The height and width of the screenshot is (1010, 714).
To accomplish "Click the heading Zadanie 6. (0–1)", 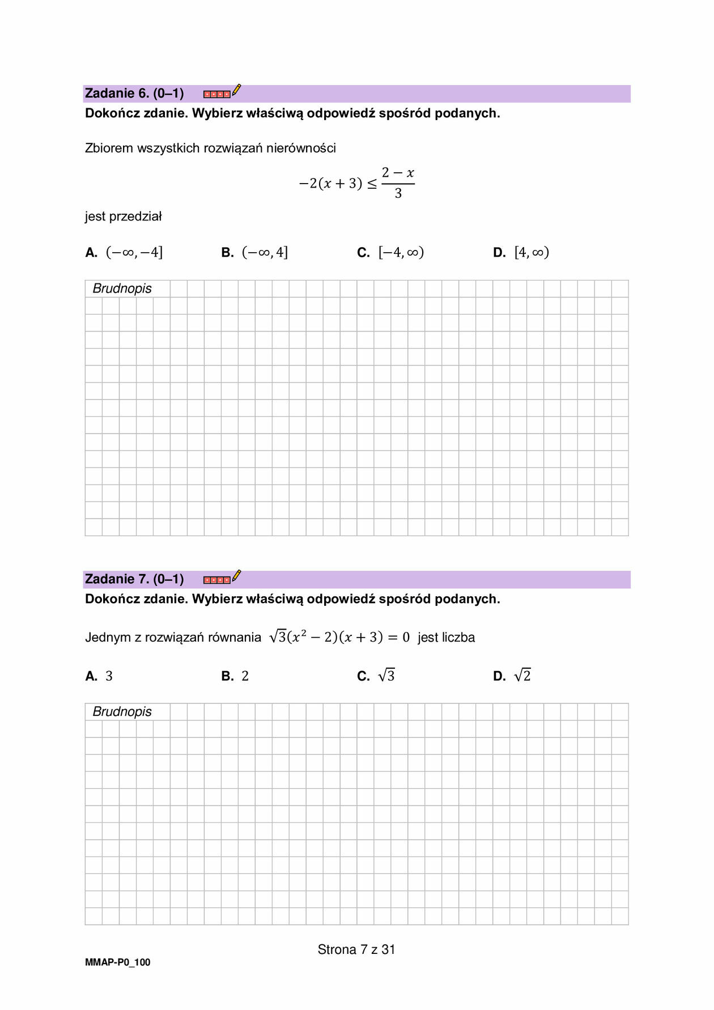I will [134, 94].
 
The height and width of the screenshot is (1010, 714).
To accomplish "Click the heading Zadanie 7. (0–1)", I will [134, 579].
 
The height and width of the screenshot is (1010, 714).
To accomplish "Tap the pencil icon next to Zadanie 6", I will [236, 91].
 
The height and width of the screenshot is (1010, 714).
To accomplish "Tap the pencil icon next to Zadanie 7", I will [236, 576].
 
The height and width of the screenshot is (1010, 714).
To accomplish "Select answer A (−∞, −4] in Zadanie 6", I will [124, 253].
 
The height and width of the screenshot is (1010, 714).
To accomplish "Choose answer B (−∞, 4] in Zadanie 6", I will [255, 253].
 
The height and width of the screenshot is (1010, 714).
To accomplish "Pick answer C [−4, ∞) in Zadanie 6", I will [391, 253].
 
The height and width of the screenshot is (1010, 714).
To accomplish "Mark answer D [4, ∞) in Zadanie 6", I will [521, 253].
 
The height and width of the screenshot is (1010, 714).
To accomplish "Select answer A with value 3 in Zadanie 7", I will [99, 676].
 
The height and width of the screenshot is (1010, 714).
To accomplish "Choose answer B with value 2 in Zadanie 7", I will [235, 676].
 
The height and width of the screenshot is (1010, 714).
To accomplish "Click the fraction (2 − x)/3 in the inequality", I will [398, 183].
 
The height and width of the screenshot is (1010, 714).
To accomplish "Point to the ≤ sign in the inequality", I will [372, 184].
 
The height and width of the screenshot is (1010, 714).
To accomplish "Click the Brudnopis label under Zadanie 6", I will [122, 288].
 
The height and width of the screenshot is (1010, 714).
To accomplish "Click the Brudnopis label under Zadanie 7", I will [122, 712].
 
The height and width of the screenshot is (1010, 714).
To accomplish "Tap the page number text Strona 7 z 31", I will [356, 949].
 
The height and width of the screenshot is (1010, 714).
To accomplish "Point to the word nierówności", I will [301, 148].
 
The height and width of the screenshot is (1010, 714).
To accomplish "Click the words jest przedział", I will [124, 217].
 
